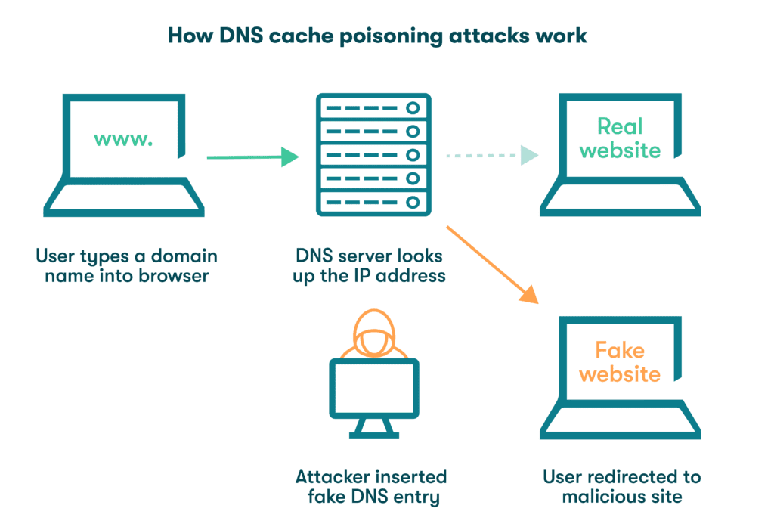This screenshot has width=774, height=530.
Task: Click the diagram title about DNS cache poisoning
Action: [376, 36]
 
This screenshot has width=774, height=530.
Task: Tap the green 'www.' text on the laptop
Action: [122, 139]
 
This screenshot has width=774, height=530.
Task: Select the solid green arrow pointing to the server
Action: [252, 157]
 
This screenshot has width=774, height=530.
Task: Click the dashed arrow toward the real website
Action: [491, 156]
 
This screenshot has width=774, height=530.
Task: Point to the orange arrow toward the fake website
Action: [491, 265]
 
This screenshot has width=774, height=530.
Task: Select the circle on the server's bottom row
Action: [412, 203]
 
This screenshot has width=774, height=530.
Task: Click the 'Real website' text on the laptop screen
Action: [620, 138]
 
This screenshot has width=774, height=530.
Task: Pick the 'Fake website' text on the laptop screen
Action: [620, 362]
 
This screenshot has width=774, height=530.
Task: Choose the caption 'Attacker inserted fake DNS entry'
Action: [370, 487]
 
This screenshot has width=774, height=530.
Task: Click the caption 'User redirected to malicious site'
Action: [621, 487]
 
